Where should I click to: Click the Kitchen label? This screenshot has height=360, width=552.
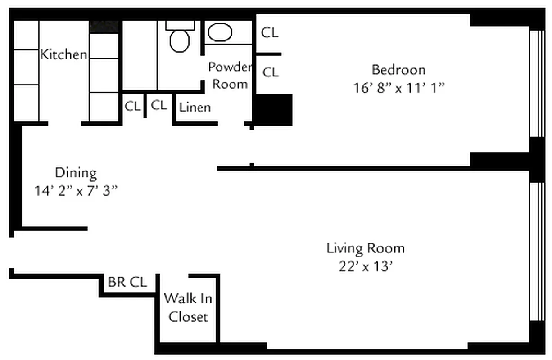click(x=63, y=54)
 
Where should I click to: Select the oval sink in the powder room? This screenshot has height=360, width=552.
click(x=220, y=32)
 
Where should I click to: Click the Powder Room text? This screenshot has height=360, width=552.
click(x=230, y=76)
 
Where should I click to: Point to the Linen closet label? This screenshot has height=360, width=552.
click(x=195, y=108)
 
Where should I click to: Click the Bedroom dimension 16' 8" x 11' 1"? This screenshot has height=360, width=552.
click(x=398, y=87)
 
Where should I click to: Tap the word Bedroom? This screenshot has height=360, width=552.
click(x=398, y=70)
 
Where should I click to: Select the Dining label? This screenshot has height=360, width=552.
click(x=76, y=173)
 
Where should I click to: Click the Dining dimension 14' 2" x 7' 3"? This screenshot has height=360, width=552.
click(x=76, y=190)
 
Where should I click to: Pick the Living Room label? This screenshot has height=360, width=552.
click(x=366, y=248)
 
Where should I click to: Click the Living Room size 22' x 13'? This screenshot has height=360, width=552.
click(x=366, y=266)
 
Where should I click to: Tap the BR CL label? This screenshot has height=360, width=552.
click(x=127, y=283)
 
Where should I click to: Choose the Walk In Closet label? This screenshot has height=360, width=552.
click(x=188, y=307)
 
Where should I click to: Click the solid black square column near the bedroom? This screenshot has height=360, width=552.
click(x=274, y=110)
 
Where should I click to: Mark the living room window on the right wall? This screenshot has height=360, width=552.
click(x=537, y=252)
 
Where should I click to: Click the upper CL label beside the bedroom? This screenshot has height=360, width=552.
click(x=270, y=32)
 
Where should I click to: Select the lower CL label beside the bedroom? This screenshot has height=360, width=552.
click(x=270, y=72)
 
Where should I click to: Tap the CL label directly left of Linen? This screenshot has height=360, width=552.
click(x=159, y=105)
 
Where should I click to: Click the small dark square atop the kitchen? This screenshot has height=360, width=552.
click(x=104, y=27)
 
